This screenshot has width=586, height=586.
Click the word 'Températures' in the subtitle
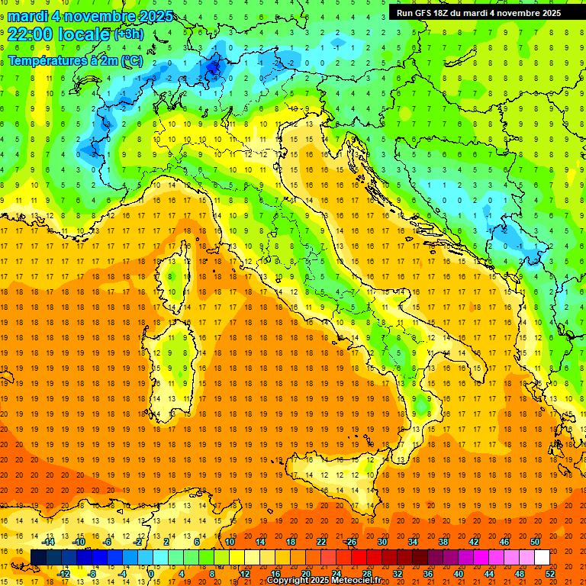pyautogui.click(x=47, y=60)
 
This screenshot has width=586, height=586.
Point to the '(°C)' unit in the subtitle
pyautogui.click(x=130, y=60)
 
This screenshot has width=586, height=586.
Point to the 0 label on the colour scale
pyautogui.click(x=151, y=573)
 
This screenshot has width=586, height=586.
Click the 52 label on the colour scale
pyautogui.click(x=550, y=573)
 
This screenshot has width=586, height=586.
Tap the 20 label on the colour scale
pyautogui.click(x=305, y=573)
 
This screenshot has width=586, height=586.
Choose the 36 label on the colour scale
pyautogui.click(x=427, y=573)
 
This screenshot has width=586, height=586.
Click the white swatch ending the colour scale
pyautogui.click(x=542, y=558)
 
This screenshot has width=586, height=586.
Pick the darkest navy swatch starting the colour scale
pyautogui.click(x=38, y=558)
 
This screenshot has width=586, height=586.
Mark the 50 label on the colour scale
pyautogui.click(x=535, y=542)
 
